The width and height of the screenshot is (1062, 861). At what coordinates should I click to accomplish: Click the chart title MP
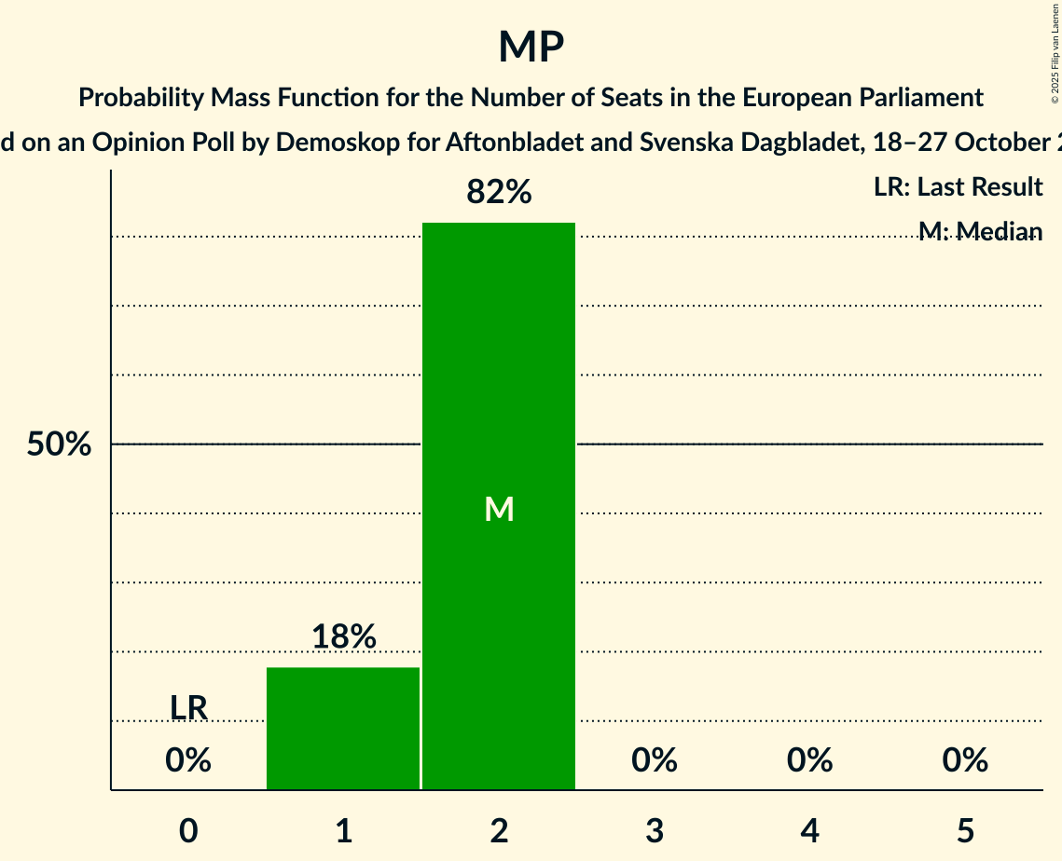[x=531, y=47]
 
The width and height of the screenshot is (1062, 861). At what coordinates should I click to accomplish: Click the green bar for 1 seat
[x=343, y=728]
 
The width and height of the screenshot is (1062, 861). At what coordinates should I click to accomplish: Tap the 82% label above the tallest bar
[x=499, y=193]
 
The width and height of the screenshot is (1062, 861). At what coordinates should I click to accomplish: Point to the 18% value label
[x=343, y=637]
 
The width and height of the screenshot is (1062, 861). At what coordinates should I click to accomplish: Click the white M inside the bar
[x=499, y=509]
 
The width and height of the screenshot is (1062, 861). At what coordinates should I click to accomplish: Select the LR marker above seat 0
[x=188, y=708]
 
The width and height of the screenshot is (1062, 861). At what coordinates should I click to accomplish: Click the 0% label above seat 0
[x=188, y=761]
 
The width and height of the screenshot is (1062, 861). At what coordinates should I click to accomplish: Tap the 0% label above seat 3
[x=655, y=761]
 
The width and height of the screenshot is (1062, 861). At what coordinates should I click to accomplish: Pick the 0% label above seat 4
[x=809, y=761]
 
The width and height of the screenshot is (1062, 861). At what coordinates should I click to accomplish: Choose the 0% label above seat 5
[x=965, y=761]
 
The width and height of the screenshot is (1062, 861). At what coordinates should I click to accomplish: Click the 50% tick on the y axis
[x=59, y=445]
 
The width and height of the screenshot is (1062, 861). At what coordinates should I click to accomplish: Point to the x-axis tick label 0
[x=188, y=830]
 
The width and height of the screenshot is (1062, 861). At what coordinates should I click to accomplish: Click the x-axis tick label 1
[x=343, y=830]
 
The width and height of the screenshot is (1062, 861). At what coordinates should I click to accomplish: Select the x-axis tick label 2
[x=499, y=830]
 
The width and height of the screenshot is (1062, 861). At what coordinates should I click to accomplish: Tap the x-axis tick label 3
[x=655, y=830]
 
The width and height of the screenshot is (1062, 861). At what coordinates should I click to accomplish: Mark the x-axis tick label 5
[x=965, y=830]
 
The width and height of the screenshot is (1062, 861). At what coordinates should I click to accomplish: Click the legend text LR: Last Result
[x=958, y=187]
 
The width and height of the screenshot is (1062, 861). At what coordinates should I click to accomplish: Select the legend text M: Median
[x=980, y=231]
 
